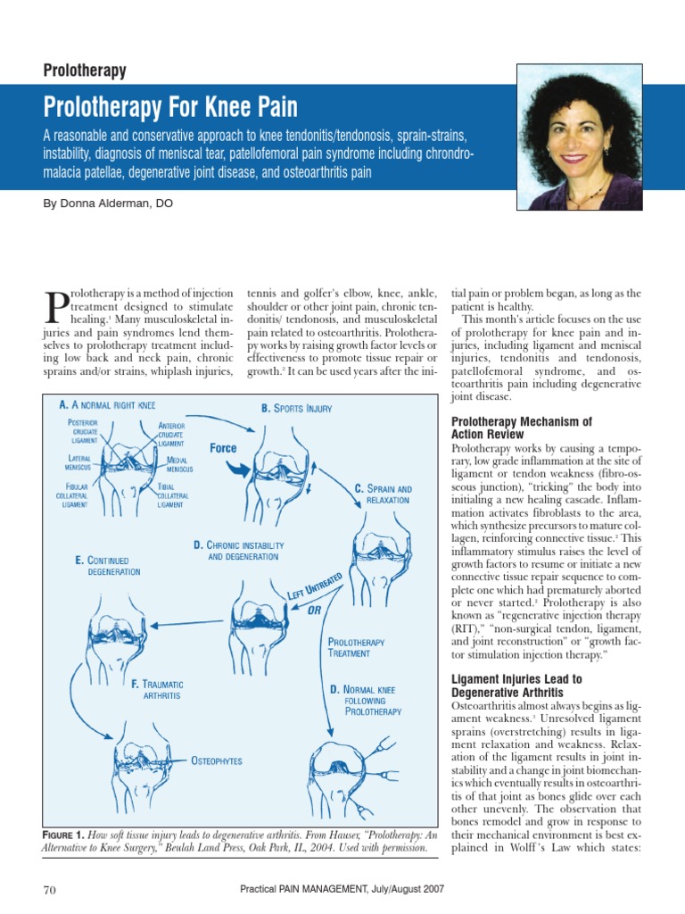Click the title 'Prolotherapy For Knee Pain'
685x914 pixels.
(x=170, y=108)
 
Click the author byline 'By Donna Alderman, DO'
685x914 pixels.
(x=108, y=204)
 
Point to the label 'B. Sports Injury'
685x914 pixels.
(x=296, y=409)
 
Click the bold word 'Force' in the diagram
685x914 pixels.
(x=223, y=448)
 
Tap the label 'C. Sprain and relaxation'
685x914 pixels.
(x=384, y=494)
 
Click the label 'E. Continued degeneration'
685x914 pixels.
(x=108, y=565)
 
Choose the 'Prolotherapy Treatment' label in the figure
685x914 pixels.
(x=356, y=647)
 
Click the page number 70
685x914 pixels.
(x=50, y=890)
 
